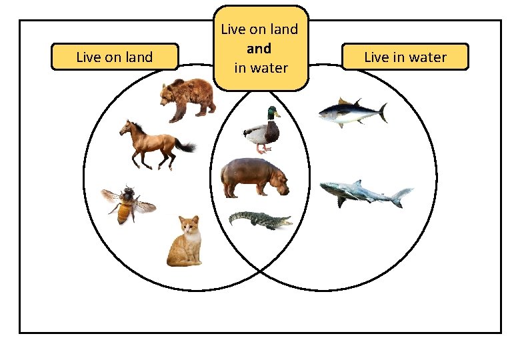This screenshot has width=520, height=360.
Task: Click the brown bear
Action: (x=186, y=99)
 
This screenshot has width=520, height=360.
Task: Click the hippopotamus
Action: (x=254, y=177)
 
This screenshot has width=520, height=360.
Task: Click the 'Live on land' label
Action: (x=115, y=57)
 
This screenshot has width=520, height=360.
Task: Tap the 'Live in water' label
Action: (x=405, y=57)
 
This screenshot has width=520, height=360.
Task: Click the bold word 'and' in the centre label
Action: (x=259, y=49)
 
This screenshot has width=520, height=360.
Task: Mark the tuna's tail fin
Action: (x=383, y=112)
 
